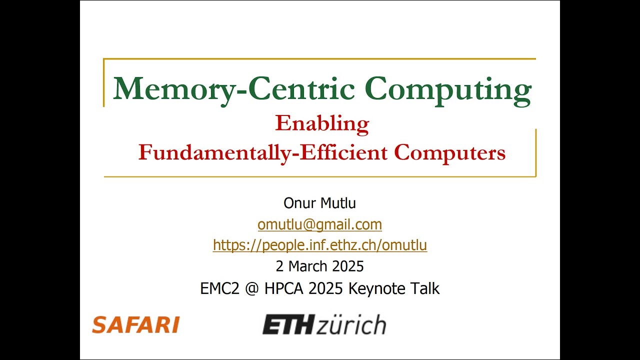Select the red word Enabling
coord(322,123)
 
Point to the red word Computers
coord(449,152)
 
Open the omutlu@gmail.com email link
coord(319,224)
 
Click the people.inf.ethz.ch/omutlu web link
coord(319,245)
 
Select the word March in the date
coord(310,266)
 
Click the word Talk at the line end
coord(426,288)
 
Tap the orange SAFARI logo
coord(135,325)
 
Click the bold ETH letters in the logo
coord(287,325)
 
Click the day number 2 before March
coord(279,266)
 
